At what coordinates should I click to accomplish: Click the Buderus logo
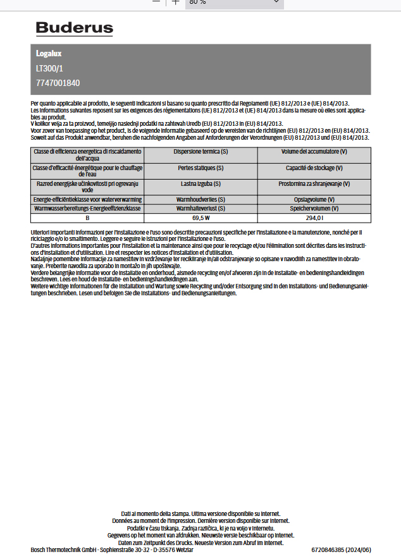[x=74, y=28]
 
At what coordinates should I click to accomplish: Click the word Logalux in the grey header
[x=49, y=54]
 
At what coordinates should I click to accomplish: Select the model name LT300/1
[x=49, y=68]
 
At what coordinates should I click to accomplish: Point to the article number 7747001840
[x=58, y=83]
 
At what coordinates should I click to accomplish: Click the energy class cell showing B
[x=87, y=218]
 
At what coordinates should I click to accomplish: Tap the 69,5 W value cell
[x=200, y=218]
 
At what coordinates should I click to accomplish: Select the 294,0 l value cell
[x=314, y=218]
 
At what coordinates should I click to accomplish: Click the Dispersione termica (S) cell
[x=200, y=152]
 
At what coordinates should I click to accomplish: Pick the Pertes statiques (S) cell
[x=200, y=168]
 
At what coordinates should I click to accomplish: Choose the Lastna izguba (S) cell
[x=200, y=183]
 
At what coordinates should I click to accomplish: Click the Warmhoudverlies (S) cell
[x=200, y=199]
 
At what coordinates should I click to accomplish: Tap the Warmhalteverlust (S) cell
[x=200, y=208]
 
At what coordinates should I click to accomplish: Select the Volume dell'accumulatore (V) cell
[x=314, y=152]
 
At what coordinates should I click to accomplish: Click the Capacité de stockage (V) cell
[x=314, y=168]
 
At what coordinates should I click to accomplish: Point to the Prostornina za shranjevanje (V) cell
[x=314, y=183]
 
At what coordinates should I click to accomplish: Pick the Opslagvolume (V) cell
[x=314, y=199]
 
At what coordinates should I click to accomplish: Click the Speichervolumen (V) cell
[x=314, y=208]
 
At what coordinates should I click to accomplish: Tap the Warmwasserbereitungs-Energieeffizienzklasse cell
[x=87, y=208]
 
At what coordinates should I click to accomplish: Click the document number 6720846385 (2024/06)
[x=341, y=550]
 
